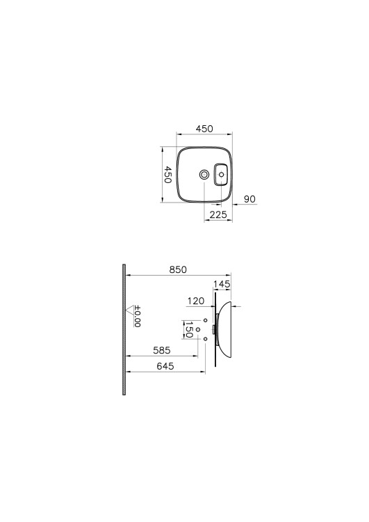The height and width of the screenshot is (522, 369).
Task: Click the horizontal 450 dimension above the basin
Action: coord(204,129)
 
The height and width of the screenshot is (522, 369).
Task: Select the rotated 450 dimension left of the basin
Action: coord(167,175)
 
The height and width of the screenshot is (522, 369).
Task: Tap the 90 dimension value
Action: coord(249,199)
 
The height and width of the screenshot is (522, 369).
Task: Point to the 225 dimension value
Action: coord(218,215)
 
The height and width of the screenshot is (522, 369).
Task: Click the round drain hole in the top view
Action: coord(204,174)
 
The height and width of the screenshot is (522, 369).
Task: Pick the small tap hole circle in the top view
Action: coord(222,174)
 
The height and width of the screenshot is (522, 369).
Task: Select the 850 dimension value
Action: coord(178,269)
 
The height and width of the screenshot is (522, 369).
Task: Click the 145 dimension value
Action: coord(222,284)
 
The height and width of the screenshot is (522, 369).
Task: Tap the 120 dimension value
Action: coord(196,301)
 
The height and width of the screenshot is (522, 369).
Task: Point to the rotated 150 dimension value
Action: coord(189,330)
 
